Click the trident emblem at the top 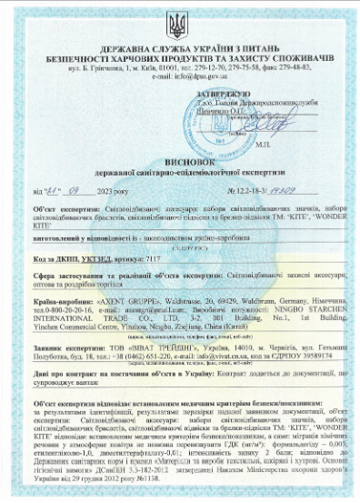pyautogui.click(x=180, y=20)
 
